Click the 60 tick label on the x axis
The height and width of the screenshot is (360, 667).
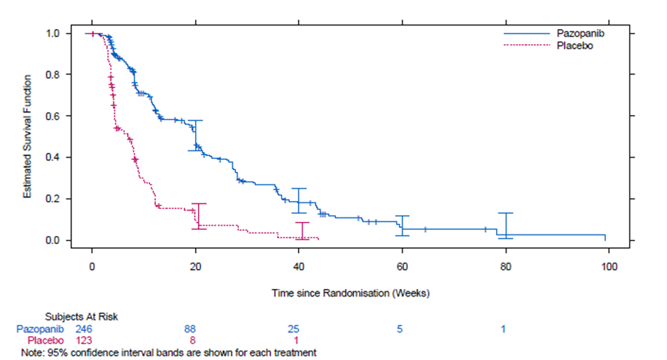(402, 267)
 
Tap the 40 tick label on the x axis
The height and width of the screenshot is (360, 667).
(299, 267)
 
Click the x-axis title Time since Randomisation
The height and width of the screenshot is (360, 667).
(350, 292)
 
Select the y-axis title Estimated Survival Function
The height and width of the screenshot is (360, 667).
(27, 137)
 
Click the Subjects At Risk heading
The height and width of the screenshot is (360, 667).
(81, 316)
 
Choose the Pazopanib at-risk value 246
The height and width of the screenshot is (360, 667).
(84, 329)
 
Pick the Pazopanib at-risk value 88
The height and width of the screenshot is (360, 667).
(193, 329)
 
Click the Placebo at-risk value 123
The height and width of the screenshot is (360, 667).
(84, 341)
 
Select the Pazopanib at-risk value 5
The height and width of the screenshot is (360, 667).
(401, 329)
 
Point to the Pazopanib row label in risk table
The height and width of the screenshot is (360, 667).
(40, 329)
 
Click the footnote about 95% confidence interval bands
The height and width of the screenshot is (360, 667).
(170, 352)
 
